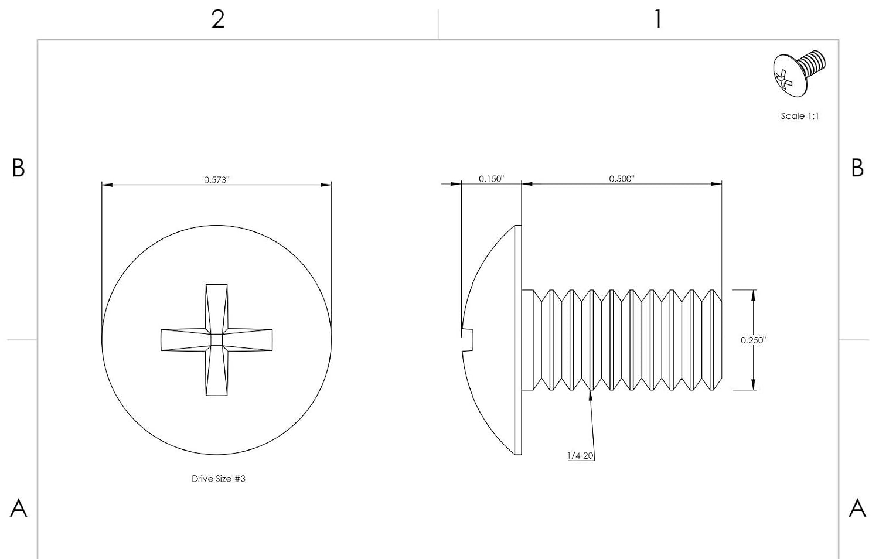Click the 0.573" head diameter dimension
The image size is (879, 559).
click(x=216, y=180)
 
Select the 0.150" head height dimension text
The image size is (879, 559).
click(x=491, y=179)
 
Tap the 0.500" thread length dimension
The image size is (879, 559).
click(x=622, y=179)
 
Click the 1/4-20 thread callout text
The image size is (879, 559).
click(x=580, y=456)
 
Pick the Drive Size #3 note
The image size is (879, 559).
click(x=219, y=479)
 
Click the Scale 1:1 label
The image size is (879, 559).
click(x=800, y=116)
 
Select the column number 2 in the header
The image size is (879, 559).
click(x=218, y=19)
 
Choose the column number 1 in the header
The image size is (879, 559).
click(x=658, y=19)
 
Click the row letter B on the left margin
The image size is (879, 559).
click(x=18, y=168)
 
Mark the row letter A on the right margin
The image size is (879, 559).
click(x=857, y=509)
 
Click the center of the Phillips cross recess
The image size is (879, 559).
click(x=217, y=340)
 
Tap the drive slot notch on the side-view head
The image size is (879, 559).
click(x=468, y=340)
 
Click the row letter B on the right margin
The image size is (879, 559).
click(x=857, y=168)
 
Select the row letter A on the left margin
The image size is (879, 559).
click(x=18, y=509)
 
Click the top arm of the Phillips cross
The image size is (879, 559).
click(x=217, y=309)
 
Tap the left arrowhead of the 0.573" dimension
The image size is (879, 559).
click(x=107, y=185)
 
